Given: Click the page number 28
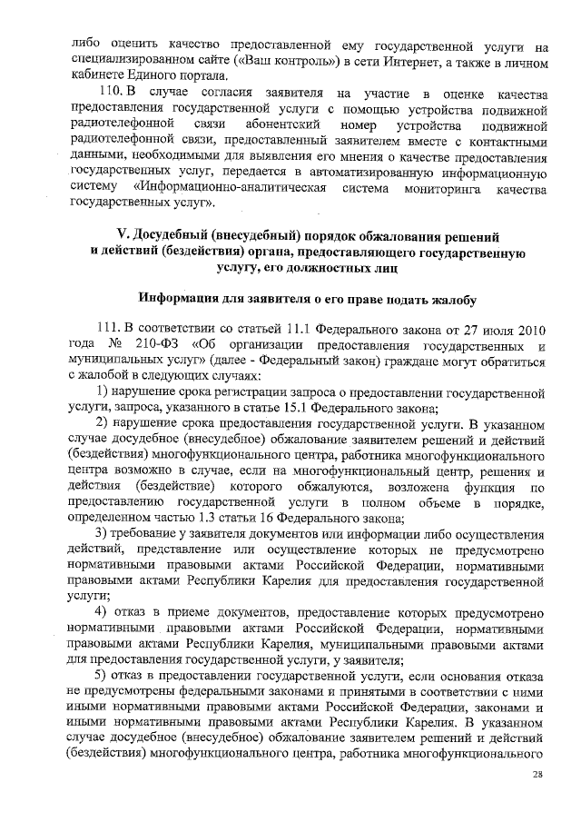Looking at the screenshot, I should tap(537, 773).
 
